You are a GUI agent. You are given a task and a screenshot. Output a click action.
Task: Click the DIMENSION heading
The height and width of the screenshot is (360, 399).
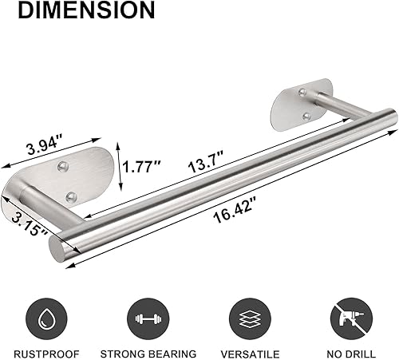78,11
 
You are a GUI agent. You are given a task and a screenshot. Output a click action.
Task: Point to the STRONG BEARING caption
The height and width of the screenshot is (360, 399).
148,352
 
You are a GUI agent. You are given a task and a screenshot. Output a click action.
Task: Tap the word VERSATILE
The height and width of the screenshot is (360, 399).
249,352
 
